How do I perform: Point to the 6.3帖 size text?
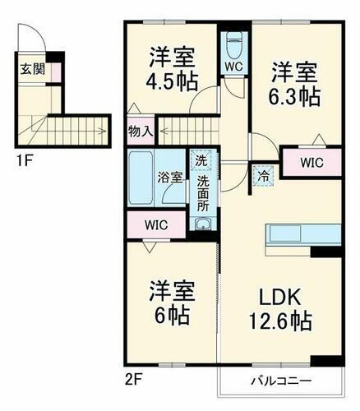click(294, 95)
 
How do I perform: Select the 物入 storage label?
click(141, 131)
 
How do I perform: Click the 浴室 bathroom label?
click(169, 176)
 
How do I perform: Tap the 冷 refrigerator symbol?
click(261, 174)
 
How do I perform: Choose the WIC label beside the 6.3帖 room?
click(311, 163)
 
